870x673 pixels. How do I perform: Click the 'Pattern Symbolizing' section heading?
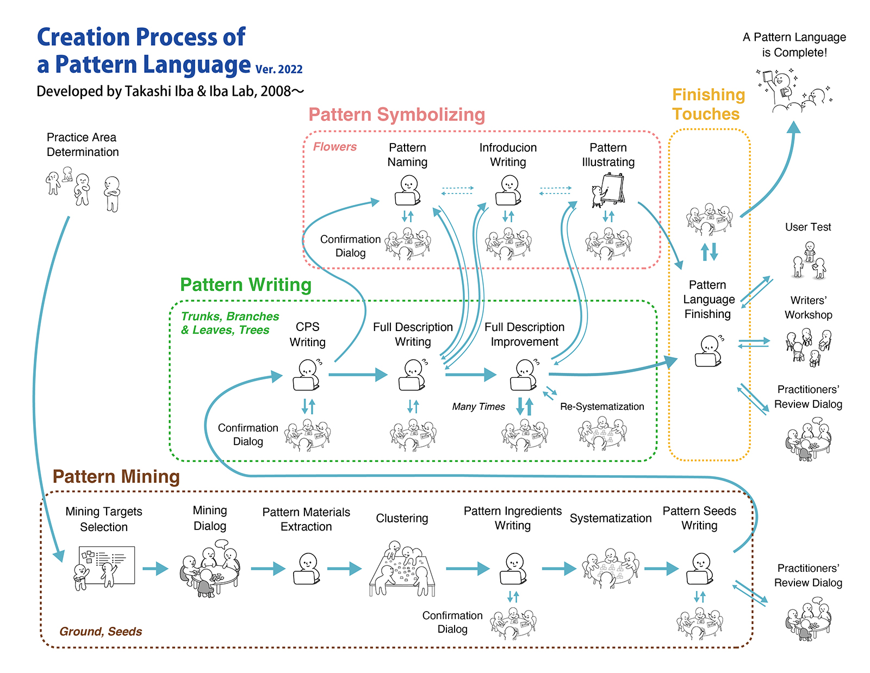point(396,115)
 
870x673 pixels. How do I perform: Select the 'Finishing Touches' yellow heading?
point(708,104)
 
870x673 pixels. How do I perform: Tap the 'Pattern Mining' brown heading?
point(116,477)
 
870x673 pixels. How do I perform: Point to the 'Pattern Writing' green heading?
point(246,285)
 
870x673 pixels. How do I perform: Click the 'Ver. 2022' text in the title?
point(279,70)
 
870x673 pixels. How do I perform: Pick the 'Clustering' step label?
point(402,519)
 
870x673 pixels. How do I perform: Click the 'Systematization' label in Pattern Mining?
point(610,519)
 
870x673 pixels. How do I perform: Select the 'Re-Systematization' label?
point(602,407)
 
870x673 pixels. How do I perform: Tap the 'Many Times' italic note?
point(478,407)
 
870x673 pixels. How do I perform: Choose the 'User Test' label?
point(808,227)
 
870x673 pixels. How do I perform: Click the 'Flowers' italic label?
point(334,147)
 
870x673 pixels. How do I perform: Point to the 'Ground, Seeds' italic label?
point(101,632)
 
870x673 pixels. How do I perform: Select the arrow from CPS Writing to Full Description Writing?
point(357,375)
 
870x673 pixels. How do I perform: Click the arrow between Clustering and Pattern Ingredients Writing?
point(467,569)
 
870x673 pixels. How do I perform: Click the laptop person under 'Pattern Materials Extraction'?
point(307,569)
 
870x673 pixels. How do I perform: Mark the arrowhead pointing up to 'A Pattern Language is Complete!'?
point(794,127)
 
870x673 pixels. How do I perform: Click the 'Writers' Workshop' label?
point(808,308)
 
